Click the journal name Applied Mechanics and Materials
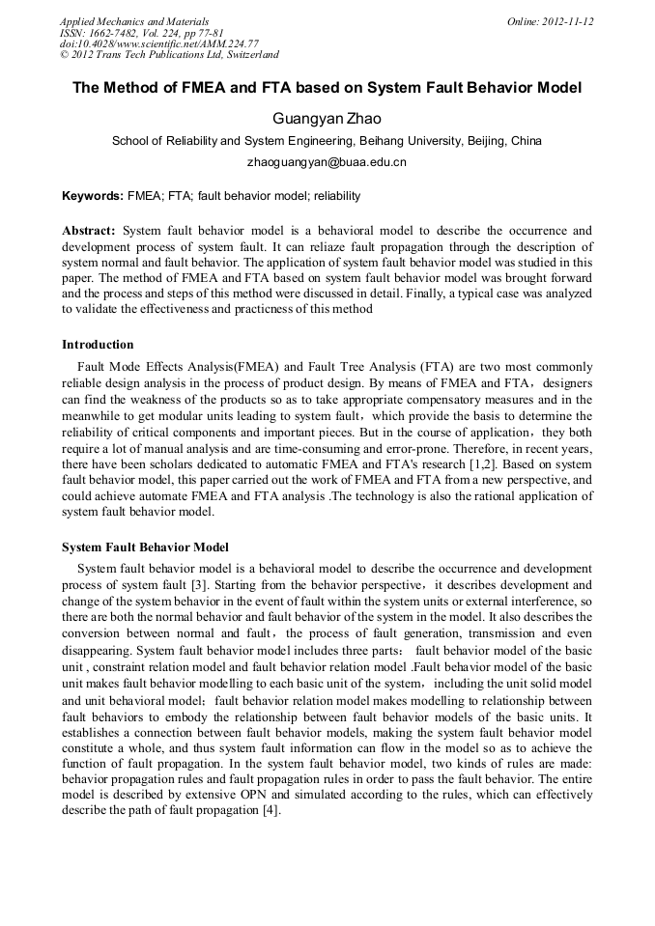(x=133, y=21)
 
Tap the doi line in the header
(x=158, y=44)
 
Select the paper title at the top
(x=327, y=88)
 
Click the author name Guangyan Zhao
(x=327, y=119)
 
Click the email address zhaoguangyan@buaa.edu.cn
(x=327, y=162)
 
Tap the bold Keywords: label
(x=92, y=196)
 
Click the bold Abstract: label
(x=89, y=231)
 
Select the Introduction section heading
(x=98, y=344)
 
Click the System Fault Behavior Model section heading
(x=145, y=547)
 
